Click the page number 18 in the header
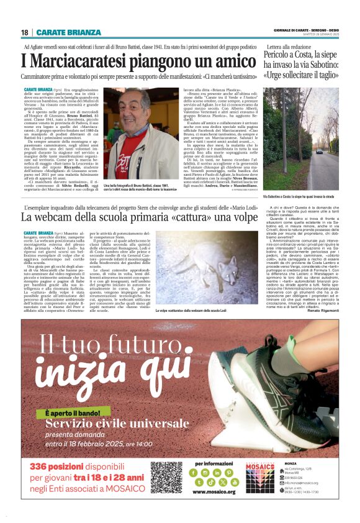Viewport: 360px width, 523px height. pos(24,32)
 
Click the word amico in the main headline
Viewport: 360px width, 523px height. pos(224,61)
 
